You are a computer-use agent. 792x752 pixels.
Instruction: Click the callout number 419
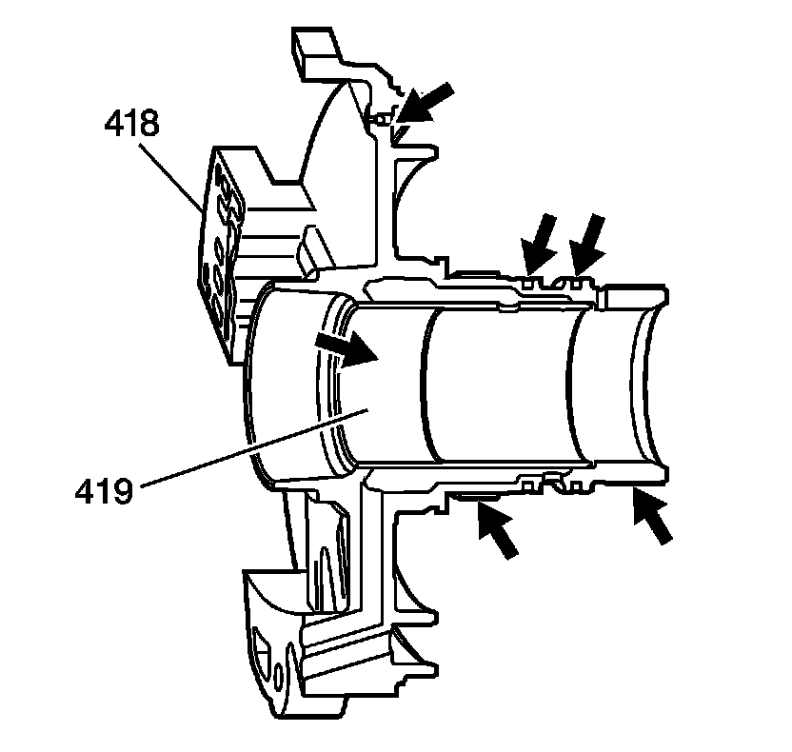point(104,492)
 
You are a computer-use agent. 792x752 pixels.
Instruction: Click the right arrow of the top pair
point(584,244)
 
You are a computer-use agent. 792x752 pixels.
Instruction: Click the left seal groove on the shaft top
point(531,284)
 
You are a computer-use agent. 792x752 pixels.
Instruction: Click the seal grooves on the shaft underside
point(552,485)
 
